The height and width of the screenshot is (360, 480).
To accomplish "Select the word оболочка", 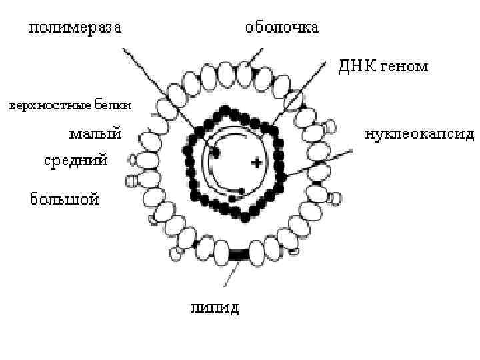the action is (x=282, y=28).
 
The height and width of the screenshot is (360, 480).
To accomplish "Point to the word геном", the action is (x=405, y=67).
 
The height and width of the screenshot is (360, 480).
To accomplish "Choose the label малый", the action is (x=95, y=134).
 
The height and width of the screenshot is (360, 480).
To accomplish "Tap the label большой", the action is (x=65, y=198).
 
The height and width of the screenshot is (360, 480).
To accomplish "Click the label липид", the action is (x=215, y=307).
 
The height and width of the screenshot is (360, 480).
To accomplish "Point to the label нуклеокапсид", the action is (x=419, y=134).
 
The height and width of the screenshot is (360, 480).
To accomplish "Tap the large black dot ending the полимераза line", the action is (x=215, y=153).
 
